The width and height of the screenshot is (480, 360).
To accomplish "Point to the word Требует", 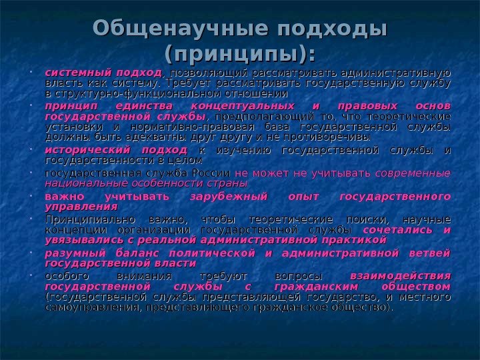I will (187, 83).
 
